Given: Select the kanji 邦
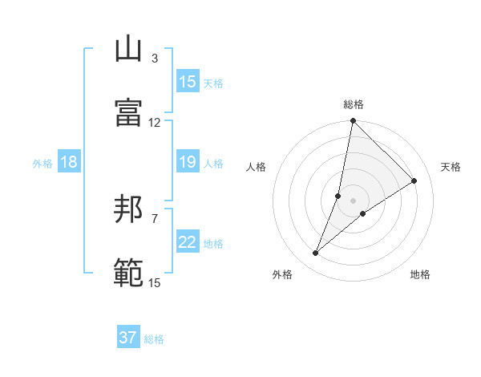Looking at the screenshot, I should coord(128,209).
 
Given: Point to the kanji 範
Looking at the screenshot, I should coord(128,273).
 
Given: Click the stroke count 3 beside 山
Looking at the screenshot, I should coord(155,59).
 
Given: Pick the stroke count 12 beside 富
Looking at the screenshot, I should coord(155,123).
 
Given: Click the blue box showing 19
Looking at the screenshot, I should coord(188,162).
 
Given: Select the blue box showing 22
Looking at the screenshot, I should coord(188,242).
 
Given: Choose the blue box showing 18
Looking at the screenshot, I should coord(69,162).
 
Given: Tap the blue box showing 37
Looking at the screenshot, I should coord(128,338).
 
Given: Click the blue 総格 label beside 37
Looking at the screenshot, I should coord(154,339).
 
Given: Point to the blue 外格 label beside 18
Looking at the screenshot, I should coord(42,164).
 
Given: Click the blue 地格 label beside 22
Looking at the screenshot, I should coord(214,244).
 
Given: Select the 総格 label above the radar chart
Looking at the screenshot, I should coord(354,104).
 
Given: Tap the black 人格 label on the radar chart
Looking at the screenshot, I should coord(257,167).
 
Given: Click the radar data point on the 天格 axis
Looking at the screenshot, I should coord(414,180).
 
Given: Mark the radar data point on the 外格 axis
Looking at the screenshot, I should coord(316,253).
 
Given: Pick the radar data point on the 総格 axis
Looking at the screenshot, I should coord(353,121).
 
